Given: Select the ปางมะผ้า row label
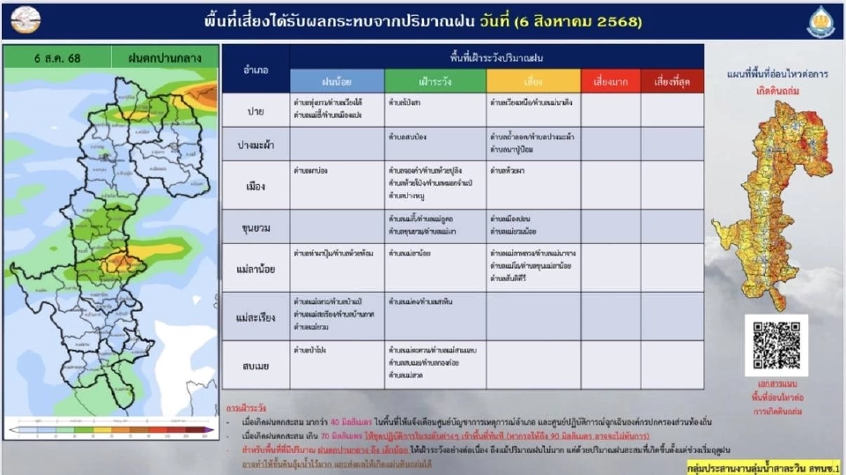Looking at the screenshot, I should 256,143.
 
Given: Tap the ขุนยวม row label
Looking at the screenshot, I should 256,226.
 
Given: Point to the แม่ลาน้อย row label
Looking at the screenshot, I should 256,268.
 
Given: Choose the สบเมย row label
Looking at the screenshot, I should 256,364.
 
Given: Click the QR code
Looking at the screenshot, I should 775,345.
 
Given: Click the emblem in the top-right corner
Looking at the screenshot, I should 820,20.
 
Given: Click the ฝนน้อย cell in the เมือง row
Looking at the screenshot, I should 337,184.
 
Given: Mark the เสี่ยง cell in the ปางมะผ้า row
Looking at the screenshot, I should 533,143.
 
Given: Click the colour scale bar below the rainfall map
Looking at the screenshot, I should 111,429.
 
